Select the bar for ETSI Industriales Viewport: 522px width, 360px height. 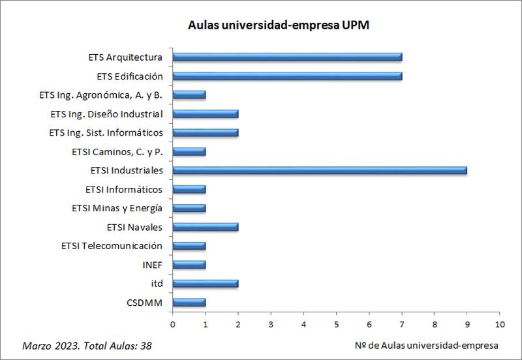[x=320, y=171]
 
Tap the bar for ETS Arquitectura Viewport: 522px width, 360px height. [x=287, y=57]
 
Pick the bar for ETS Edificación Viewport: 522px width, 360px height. [x=287, y=76]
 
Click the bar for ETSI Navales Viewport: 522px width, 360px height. [x=206, y=227]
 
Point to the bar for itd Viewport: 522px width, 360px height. [x=206, y=284]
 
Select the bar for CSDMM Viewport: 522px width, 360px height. [x=189, y=303]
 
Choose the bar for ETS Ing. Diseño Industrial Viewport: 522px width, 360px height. [x=206, y=113]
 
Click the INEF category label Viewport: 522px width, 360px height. [x=152, y=265]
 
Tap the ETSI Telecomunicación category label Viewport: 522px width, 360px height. [x=112, y=246]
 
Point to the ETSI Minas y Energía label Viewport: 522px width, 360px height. [x=117, y=209]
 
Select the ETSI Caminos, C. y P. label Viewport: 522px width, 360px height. [x=117, y=152]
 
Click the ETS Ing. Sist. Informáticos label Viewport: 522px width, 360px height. [x=106, y=133]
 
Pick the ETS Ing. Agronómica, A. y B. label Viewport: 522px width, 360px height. [x=100, y=95]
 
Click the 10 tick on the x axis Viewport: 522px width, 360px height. [x=500, y=323]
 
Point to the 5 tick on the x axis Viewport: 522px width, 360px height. [x=336, y=323]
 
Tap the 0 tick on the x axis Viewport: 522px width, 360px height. [x=172, y=323]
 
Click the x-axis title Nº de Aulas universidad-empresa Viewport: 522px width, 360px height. [x=428, y=344]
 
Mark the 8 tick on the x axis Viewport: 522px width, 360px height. [x=435, y=323]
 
